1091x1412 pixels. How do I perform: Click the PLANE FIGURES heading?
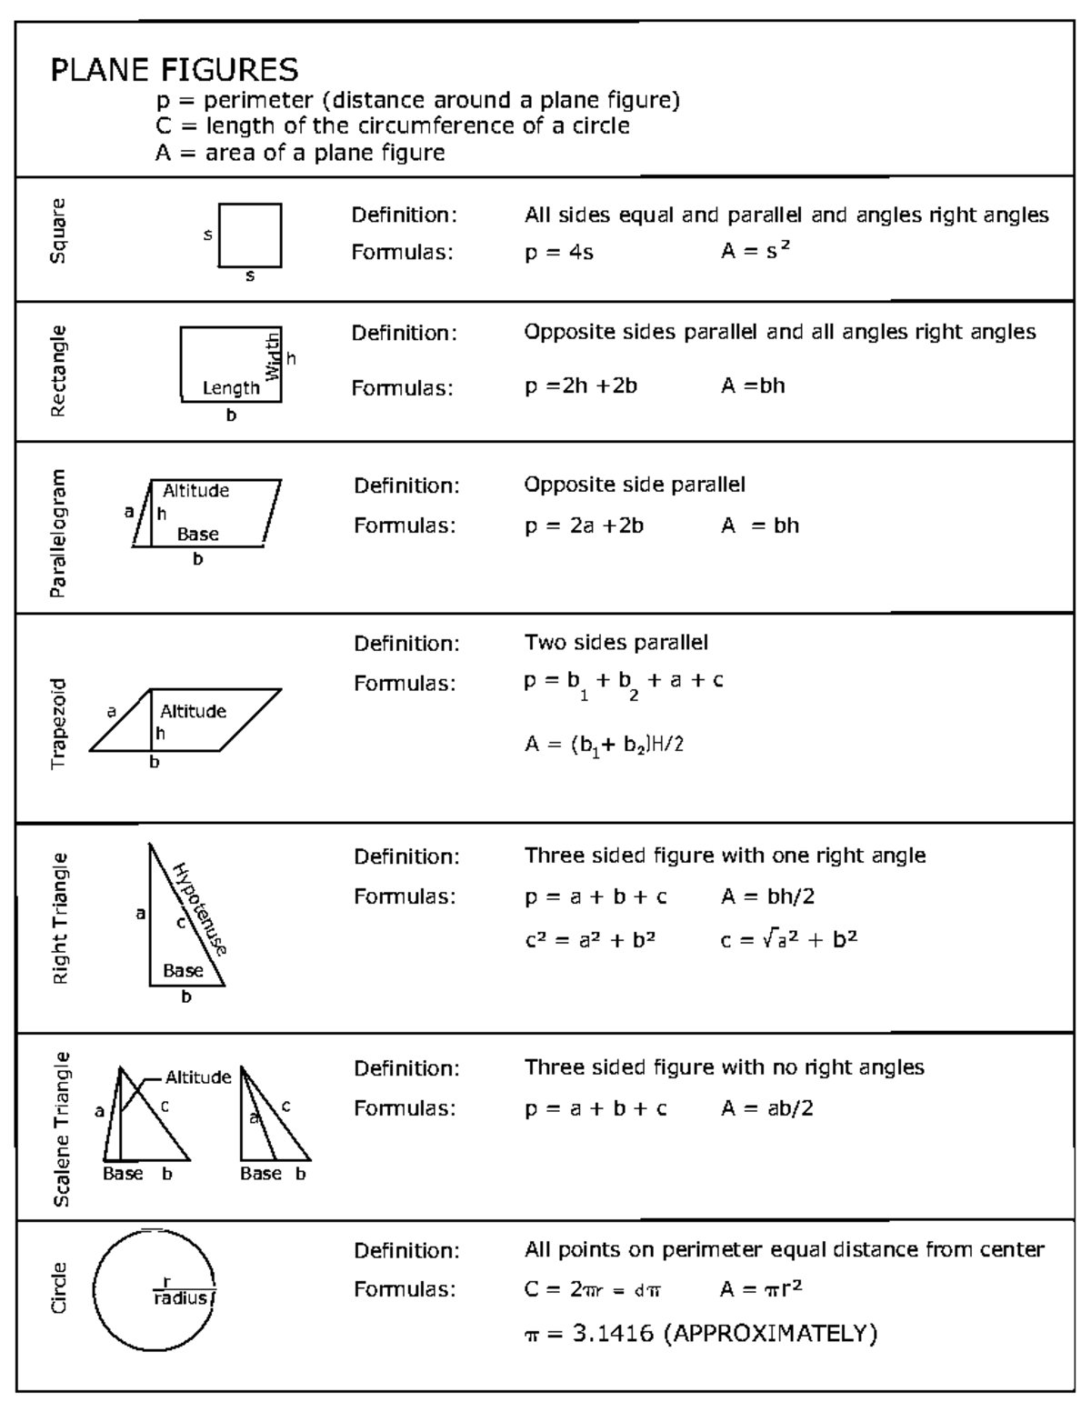click(x=174, y=70)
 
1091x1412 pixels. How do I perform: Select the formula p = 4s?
click(x=558, y=252)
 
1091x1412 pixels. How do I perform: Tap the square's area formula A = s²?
click(x=755, y=251)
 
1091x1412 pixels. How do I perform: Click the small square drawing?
click(x=249, y=235)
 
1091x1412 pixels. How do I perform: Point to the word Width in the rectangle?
click(x=273, y=356)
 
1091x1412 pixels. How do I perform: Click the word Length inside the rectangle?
click(x=231, y=388)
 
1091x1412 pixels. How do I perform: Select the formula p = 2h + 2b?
click(x=580, y=386)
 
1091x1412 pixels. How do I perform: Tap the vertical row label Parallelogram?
click(x=58, y=533)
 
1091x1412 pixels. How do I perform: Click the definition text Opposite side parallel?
click(x=634, y=485)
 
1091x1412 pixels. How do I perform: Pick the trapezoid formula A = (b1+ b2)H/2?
click(x=604, y=746)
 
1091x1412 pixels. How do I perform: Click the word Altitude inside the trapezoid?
click(x=193, y=711)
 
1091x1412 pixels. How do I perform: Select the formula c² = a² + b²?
click(x=590, y=940)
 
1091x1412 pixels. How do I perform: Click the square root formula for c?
click(x=788, y=939)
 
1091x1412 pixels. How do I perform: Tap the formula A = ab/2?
click(x=766, y=1107)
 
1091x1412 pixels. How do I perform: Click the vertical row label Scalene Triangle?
click(x=61, y=1128)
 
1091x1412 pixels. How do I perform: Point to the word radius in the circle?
click(x=180, y=1298)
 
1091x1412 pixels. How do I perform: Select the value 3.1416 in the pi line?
click(x=613, y=1334)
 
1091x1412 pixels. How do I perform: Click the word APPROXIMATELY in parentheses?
click(x=770, y=1334)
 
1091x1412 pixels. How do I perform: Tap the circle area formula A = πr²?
click(x=761, y=1288)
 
